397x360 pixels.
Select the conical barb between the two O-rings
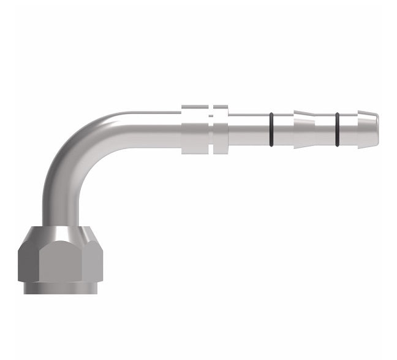(304, 130)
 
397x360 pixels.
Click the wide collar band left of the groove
(195, 130)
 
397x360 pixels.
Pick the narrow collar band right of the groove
(221, 130)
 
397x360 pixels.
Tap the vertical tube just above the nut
(60, 212)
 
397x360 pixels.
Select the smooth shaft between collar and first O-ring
(248, 130)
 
